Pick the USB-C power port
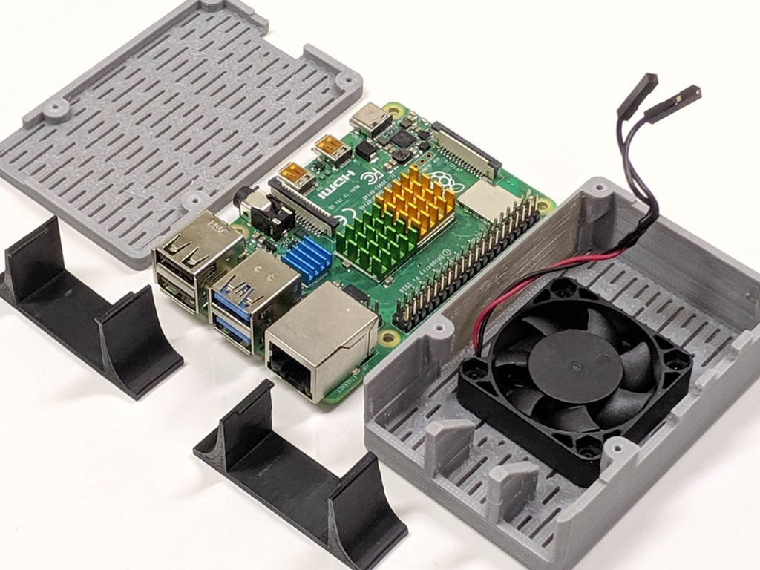(x=369, y=119)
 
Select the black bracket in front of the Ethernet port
(x=304, y=475)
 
